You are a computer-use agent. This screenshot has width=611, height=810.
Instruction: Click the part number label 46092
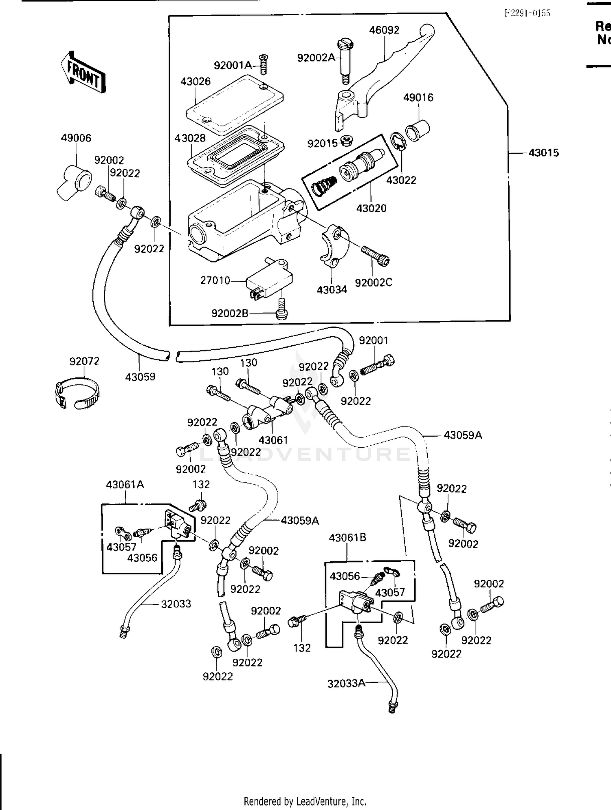(x=384, y=30)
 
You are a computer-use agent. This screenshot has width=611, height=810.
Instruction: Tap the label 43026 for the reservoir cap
(x=196, y=82)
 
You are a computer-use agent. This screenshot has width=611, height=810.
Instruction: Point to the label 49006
(x=76, y=138)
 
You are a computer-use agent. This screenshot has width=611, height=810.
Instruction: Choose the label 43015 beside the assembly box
(x=543, y=153)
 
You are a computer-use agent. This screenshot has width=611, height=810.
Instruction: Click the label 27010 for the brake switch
(x=215, y=280)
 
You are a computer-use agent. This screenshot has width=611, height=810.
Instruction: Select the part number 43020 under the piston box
(x=371, y=208)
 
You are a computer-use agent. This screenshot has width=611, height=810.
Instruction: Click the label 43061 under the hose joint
(x=273, y=440)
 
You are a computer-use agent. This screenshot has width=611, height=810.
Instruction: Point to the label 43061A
(x=125, y=485)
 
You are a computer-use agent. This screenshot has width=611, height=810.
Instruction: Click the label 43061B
(x=347, y=538)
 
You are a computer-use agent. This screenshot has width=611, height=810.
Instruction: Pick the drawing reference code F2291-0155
(x=527, y=13)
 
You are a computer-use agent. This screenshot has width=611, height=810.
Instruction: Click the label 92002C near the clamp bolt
(x=373, y=283)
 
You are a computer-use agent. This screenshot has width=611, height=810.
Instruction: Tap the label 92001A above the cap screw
(x=233, y=65)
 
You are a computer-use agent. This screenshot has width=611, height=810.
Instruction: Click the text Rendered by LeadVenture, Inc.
(x=305, y=801)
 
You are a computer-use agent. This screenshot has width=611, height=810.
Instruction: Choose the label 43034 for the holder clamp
(x=332, y=290)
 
